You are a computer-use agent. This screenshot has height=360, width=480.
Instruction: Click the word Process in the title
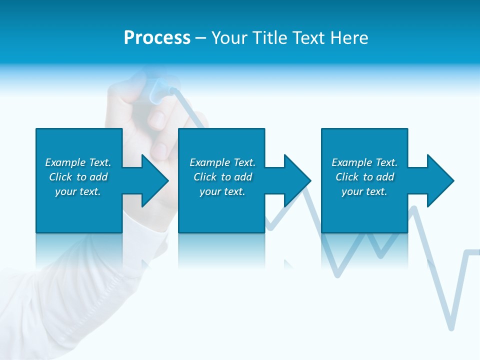157,38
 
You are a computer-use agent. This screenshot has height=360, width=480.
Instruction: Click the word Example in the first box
65,162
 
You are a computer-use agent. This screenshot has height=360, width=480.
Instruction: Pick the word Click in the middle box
205,177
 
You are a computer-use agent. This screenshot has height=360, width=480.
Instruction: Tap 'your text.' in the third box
364,191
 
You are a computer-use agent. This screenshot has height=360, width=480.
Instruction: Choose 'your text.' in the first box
78,191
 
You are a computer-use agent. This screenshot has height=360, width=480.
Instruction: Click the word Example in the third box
352,162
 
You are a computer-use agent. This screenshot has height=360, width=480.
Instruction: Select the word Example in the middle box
210,162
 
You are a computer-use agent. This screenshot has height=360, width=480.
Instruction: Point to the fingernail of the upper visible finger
157,119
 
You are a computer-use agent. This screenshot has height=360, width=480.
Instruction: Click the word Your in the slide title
229,38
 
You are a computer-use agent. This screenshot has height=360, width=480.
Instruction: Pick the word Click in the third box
347,177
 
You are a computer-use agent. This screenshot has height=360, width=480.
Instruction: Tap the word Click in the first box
60,177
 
